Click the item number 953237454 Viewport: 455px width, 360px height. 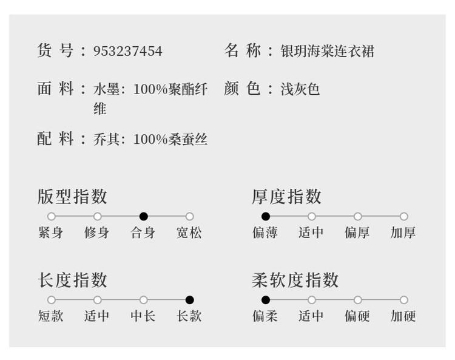[x=127, y=51]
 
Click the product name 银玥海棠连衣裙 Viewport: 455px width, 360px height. [x=327, y=51]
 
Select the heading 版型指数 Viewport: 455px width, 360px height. [x=72, y=197]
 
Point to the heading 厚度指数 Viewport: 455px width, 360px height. [x=286, y=197]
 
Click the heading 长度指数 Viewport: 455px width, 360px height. [x=72, y=280]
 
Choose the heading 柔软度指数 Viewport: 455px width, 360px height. [x=295, y=280]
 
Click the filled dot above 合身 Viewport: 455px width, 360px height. [x=144, y=216]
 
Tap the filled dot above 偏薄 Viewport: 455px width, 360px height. [x=266, y=216]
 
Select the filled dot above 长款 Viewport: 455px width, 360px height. [x=190, y=300]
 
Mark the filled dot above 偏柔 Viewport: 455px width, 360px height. [x=266, y=300]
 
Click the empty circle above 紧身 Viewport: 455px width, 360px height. [x=52, y=216]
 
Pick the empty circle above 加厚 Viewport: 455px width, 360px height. [x=404, y=216]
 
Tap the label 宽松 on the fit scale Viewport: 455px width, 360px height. [x=189, y=233]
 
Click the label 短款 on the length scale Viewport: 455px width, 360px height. [x=51, y=316]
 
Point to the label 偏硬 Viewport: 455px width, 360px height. [x=357, y=316]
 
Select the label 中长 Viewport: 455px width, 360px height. [x=143, y=316]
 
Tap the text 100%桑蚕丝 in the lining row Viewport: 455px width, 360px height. [x=170, y=140]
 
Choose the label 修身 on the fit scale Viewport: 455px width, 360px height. [x=97, y=233]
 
